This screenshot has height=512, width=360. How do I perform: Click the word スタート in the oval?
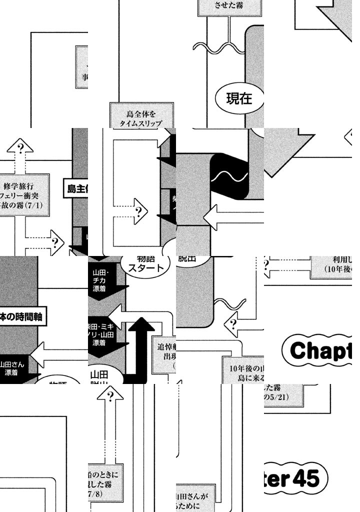145,267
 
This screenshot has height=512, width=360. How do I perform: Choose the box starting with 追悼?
164,352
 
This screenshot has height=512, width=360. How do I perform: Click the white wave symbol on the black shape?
229,176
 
